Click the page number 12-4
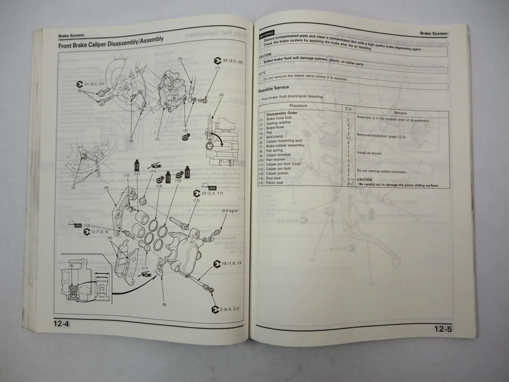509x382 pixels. [61, 324]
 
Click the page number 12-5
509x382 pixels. [443, 329]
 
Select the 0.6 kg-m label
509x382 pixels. [230, 211]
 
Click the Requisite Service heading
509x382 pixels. [274, 89]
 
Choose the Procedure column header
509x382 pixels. [298, 106]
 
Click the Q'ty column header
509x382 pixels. [348, 109]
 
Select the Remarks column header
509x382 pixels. [400, 113]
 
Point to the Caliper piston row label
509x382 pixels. [277, 174]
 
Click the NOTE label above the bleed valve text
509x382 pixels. [262, 73]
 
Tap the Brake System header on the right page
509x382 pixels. [433, 33]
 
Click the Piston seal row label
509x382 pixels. [275, 183]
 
